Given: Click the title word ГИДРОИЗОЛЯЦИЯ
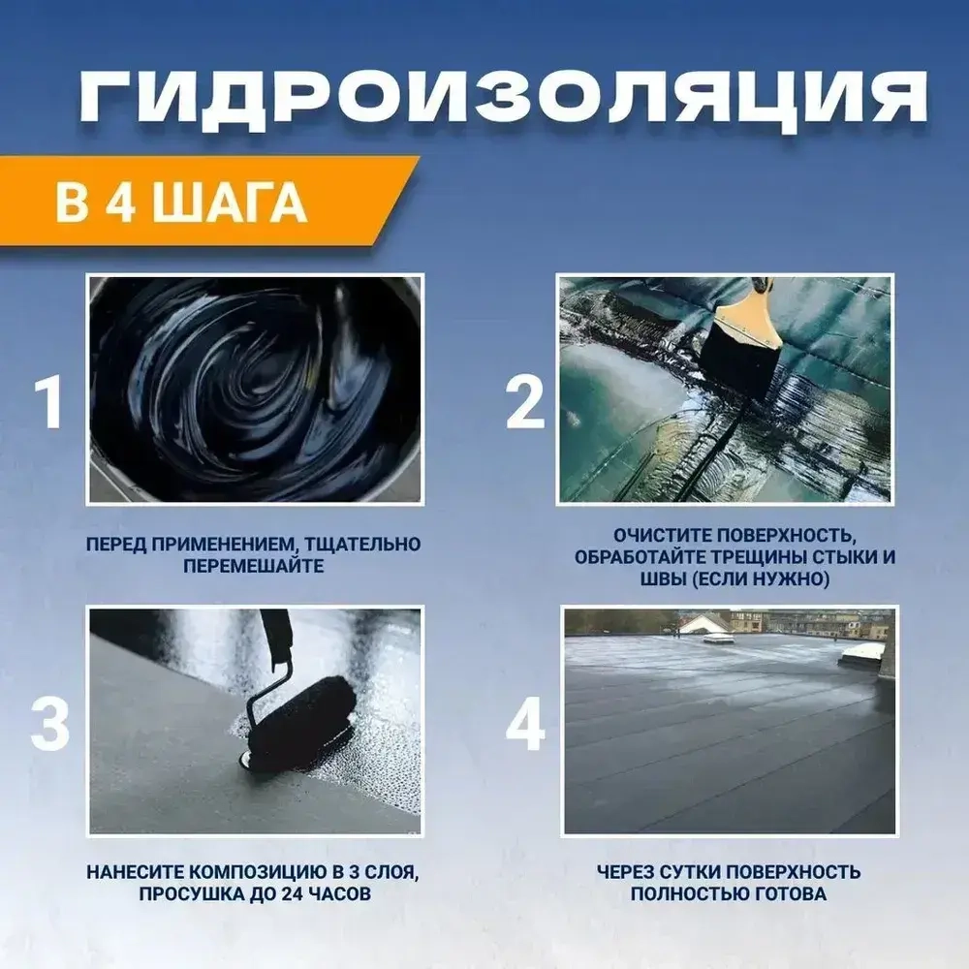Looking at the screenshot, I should [x=502, y=99].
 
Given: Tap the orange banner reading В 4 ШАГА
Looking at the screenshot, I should [x=184, y=205].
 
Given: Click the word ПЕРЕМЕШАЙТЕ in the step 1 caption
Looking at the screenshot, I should [x=253, y=565].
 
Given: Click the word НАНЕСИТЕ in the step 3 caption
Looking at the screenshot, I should [x=141, y=872].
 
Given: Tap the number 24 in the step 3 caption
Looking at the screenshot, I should [x=279, y=893].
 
